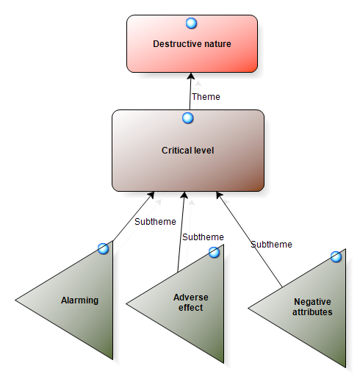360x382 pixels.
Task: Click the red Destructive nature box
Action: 192,43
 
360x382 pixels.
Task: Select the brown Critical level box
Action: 188,151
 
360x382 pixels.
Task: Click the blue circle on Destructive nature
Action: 191,24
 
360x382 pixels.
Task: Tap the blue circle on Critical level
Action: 188,118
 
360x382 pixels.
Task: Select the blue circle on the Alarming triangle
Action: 103,249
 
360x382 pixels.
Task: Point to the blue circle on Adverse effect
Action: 214,253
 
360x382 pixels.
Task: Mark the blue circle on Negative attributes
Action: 336,256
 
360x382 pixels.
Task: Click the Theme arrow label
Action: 206,97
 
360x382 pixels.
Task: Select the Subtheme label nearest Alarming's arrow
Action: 155,222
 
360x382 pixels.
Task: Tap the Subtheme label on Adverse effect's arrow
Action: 203,237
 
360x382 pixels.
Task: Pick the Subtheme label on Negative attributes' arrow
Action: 271,245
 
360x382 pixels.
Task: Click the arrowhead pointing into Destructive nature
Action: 191,76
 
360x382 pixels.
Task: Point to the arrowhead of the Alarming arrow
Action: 151,195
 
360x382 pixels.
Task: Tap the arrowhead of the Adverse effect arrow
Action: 184,195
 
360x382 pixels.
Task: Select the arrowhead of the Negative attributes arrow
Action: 219,195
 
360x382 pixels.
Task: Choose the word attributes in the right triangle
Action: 312,312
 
